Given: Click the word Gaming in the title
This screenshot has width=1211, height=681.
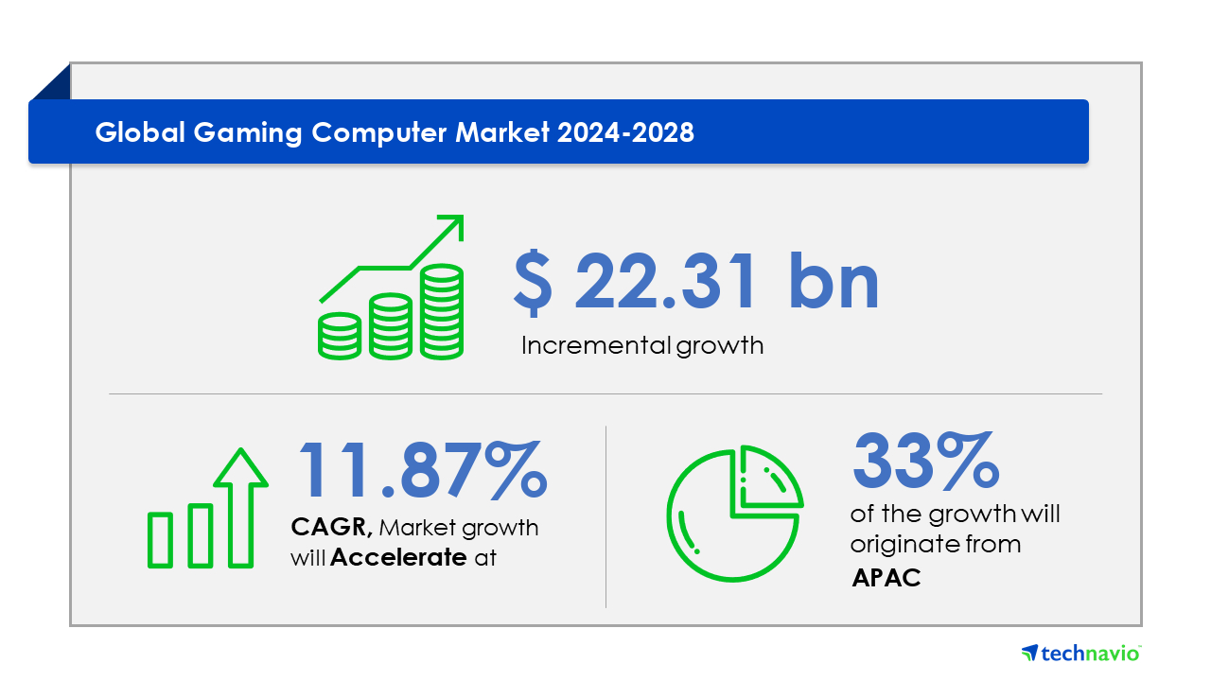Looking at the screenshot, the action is pyautogui.click(x=247, y=133).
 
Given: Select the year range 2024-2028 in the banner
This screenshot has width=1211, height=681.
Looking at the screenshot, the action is pyautogui.click(x=625, y=132).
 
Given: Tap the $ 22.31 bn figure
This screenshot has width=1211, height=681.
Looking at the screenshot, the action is pyautogui.click(x=696, y=282).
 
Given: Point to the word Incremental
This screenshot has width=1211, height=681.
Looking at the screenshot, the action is pyautogui.click(x=596, y=345).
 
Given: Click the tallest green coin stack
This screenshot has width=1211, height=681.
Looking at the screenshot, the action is pyautogui.click(x=442, y=312).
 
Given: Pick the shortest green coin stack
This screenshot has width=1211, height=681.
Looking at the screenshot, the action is pyautogui.click(x=340, y=336).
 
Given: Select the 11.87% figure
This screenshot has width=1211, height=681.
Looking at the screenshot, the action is pyautogui.click(x=423, y=468).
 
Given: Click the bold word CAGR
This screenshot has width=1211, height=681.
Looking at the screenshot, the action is pyautogui.click(x=331, y=527).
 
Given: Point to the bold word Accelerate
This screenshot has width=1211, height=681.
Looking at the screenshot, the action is pyautogui.click(x=398, y=557).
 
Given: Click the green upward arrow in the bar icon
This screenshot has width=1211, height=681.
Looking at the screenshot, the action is pyautogui.click(x=240, y=508).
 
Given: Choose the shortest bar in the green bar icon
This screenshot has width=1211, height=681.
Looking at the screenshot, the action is pyautogui.click(x=160, y=540).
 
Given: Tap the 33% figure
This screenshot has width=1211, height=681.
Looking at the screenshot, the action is pyautogui.click(x=925, y=461).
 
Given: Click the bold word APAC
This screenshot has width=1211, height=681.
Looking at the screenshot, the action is pyautogui.click(x=886, y=578).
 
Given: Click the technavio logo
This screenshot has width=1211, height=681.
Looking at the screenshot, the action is pyautogui.click(x=1081, y=653).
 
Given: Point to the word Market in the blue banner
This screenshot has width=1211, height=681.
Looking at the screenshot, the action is pyautogui.click(x=502, y=132).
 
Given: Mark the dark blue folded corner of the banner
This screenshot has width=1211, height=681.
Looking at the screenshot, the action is pyautogui.click(x=51, y=81).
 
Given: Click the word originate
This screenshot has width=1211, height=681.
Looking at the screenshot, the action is pyautogui.click(x=897, y=544).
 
